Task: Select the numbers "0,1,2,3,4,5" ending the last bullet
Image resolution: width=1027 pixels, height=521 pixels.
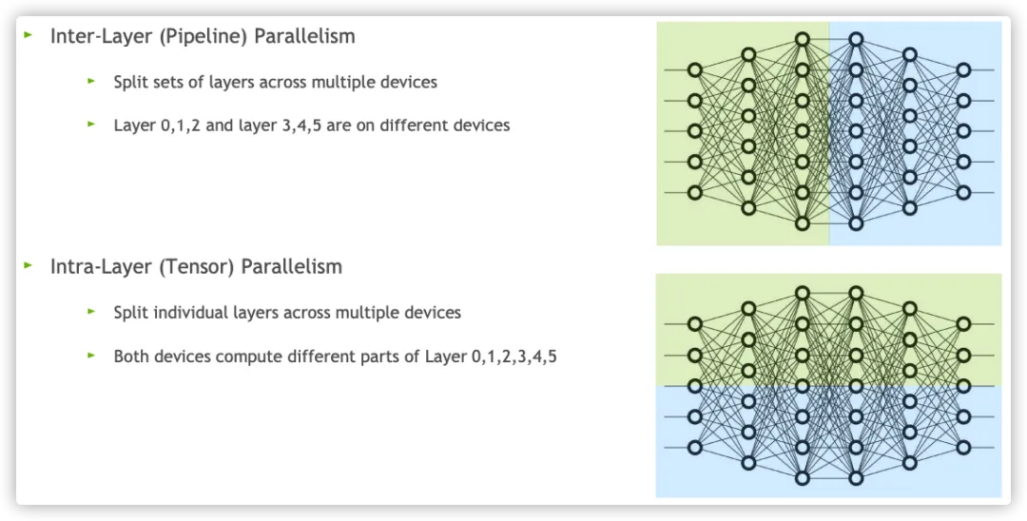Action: [x=514, y=357]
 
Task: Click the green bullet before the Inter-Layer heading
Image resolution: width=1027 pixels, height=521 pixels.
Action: [x=29, y=34]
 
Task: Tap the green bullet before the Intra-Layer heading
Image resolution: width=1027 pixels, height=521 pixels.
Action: [x=29, y=265]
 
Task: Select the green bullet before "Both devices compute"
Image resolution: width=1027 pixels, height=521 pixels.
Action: [x=91, y=356]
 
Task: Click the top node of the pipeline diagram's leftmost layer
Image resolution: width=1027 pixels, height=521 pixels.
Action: [x=695, y=70]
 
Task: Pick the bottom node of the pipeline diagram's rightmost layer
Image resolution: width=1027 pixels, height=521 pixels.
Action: [x=962, y=192]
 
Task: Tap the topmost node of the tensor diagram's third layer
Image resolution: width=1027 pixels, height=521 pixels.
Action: [x=803, y=293]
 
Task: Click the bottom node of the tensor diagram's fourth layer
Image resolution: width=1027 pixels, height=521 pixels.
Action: [x=856, y=478]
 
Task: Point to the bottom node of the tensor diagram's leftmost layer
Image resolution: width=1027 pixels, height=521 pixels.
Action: [x=695, y=448]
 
